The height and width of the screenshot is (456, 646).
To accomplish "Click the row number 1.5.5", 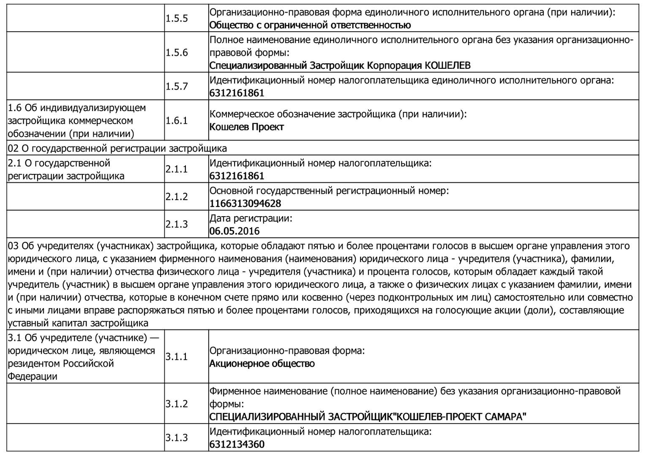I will point(177,19).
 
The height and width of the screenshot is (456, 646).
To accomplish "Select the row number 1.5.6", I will point(177,53).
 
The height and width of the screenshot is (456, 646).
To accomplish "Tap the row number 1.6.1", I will point(177,121).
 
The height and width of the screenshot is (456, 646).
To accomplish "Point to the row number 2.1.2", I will point(177,197).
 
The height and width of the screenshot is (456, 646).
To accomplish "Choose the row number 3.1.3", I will point(177,438).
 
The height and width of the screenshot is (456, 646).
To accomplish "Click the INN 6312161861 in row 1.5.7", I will point(237,93).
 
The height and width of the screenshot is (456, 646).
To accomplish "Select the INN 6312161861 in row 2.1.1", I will point(237,176).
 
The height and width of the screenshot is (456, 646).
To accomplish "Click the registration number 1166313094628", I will point(245,204).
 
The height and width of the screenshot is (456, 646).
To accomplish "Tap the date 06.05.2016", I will point(234,231).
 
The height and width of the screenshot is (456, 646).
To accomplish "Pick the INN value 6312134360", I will point(237,445).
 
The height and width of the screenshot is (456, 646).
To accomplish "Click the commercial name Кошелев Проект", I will point(247,127).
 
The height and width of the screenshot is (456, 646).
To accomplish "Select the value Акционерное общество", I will point(262,364).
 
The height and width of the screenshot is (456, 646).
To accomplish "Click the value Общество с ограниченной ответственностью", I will point(310,25).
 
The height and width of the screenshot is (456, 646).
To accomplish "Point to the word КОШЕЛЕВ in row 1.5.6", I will point(447,66).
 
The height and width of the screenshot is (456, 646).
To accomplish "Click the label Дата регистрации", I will point(251,219).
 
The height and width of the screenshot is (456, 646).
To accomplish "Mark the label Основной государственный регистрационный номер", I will point(329,191).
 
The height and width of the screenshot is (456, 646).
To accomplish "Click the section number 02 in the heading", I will point(13,149).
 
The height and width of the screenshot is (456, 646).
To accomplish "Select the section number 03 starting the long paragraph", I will point(13,246).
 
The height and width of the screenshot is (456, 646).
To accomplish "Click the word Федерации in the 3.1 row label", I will point(33,377).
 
